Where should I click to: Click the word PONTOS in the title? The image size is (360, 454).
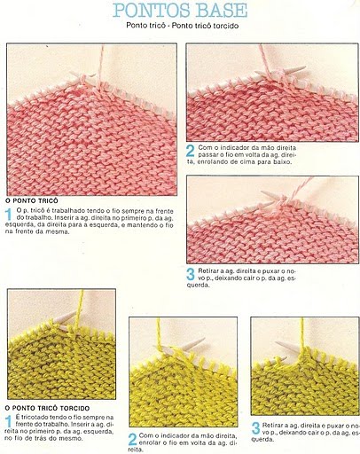[149, 11]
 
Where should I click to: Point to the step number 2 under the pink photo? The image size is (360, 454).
[191, 151]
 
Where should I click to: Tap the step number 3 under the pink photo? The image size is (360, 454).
[191, 275]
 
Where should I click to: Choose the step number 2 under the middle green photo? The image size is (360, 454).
[133, 439]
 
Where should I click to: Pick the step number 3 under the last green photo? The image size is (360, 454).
[255, 429]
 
